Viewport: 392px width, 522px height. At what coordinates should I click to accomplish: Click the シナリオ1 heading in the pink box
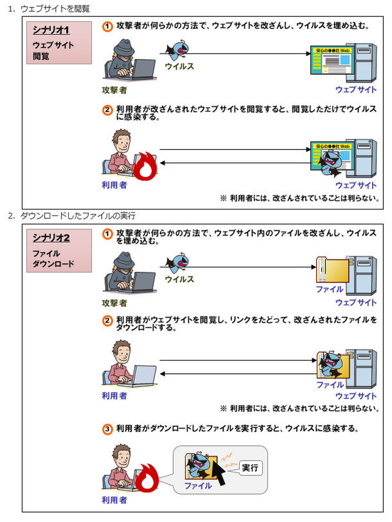click(51, 30)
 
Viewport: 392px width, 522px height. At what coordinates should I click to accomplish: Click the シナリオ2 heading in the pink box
click(51, 238)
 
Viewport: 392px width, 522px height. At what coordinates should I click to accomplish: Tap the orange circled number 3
click(108, 429)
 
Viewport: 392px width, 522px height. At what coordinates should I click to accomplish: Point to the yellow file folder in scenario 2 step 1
click(332, 272)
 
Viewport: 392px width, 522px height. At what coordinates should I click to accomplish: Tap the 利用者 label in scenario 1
click(115, 185)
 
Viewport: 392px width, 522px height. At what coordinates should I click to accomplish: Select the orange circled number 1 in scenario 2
click(108, 235)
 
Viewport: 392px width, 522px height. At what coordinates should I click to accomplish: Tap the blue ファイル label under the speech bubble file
click(198, 486)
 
